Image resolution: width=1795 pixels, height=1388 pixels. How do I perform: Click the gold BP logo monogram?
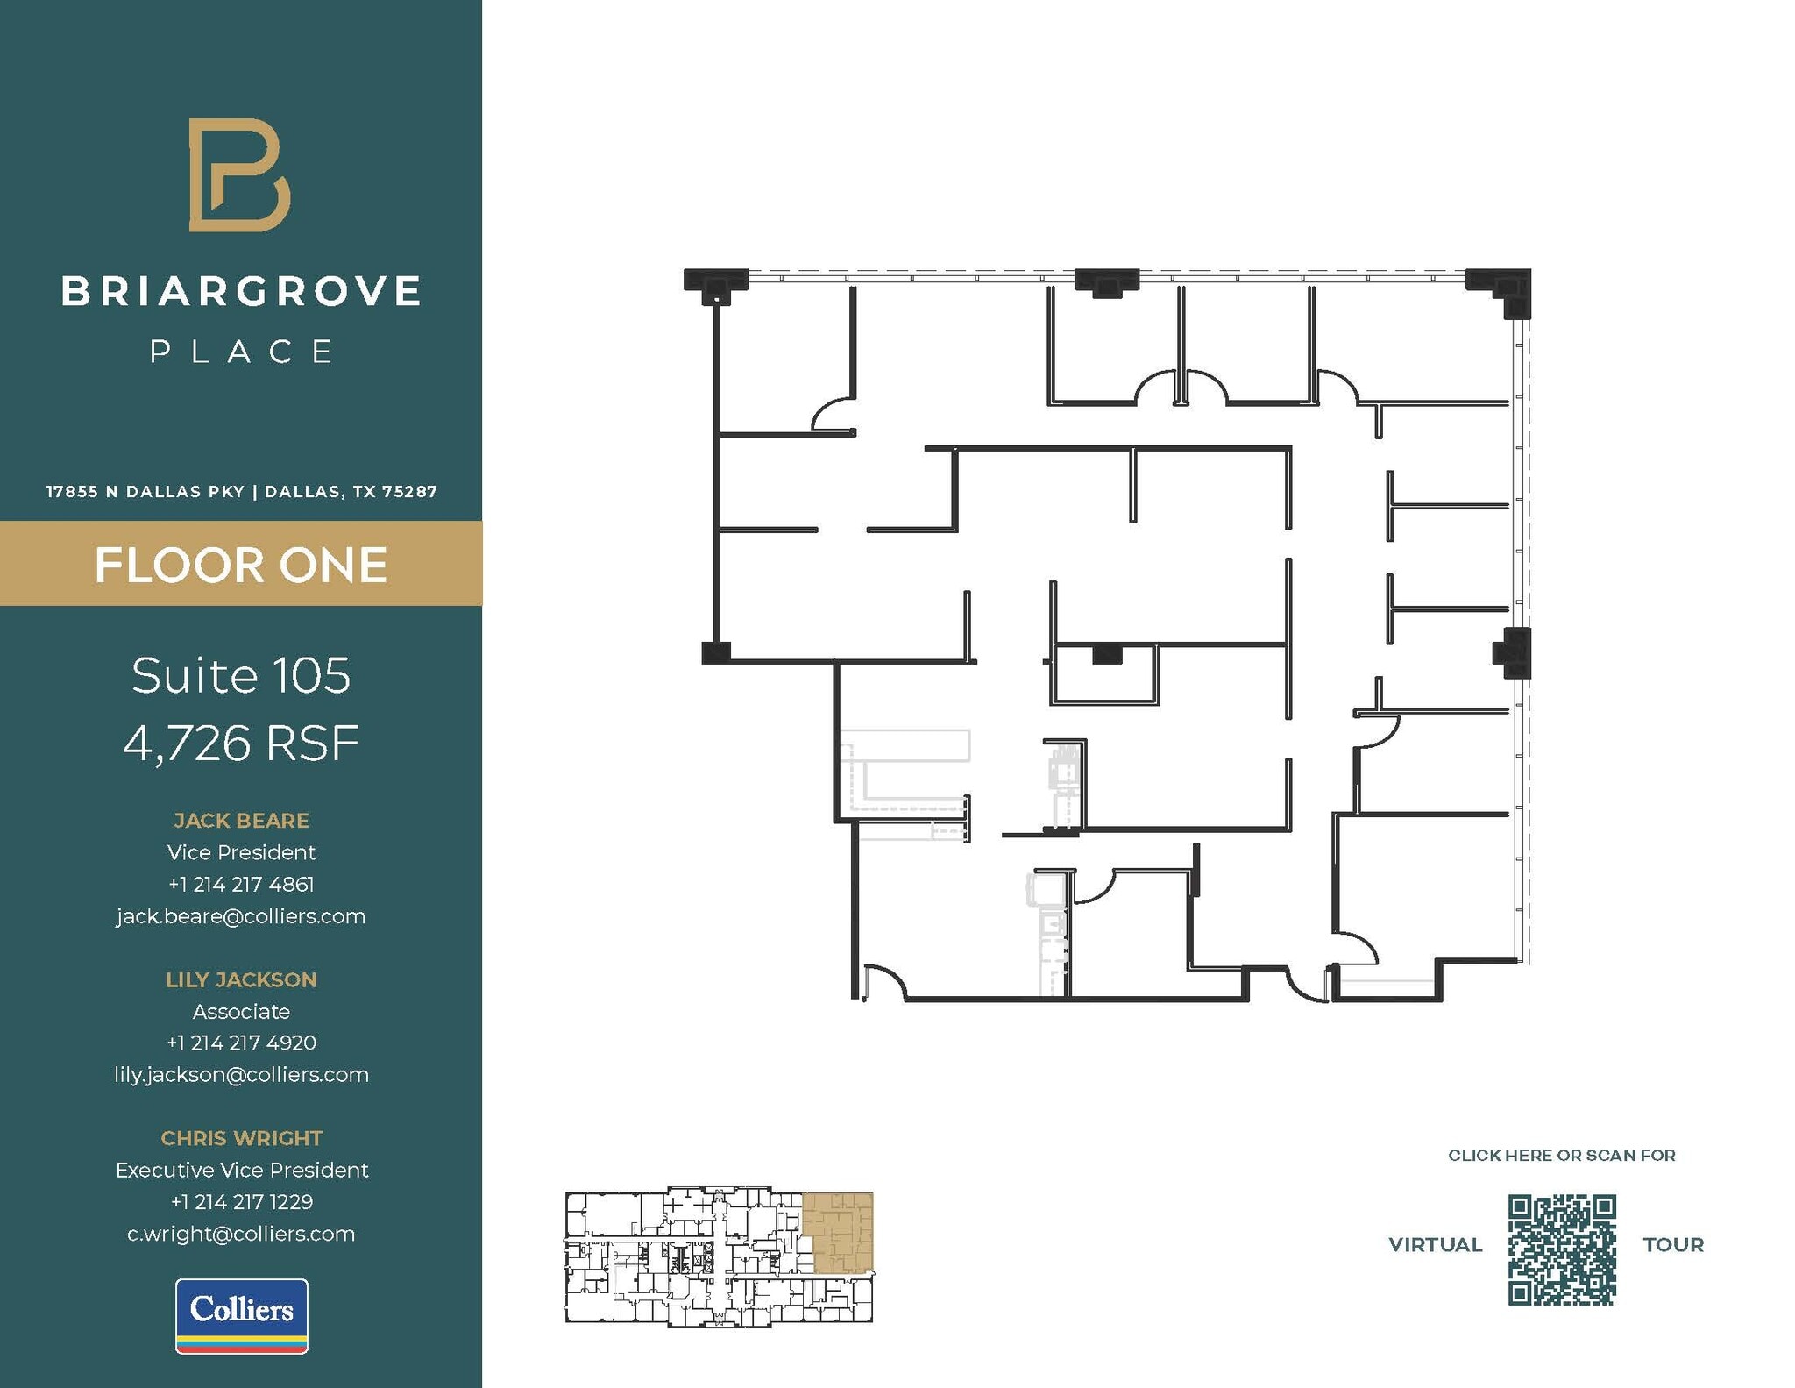point(238,175)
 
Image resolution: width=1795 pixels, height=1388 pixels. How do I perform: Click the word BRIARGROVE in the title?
point(241,292)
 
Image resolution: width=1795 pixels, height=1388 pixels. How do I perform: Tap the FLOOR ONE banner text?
point(241,565)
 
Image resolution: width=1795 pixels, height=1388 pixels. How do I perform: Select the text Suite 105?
point(241,676)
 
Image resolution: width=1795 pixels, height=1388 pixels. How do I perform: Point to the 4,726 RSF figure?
point(241,744)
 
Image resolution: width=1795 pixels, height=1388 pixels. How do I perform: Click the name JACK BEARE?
point(241,821)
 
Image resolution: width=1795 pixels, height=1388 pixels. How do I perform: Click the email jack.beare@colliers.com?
point(241,916)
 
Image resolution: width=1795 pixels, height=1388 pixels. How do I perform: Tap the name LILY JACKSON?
point(241,979)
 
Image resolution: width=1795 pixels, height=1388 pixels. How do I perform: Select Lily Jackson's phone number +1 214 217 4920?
point(241,1043)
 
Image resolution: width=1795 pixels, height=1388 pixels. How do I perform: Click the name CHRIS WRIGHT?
point(241,1138)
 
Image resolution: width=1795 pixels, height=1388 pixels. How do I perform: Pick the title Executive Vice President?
point(241,1170)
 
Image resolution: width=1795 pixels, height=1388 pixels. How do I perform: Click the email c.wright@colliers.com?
point(241,1234)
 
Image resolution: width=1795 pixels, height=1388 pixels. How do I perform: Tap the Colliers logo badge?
point(241,1315)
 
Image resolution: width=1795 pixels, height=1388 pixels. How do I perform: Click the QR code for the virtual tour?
point(1561,1249)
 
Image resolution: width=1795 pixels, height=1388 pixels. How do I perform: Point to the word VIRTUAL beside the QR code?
point(1435,1245)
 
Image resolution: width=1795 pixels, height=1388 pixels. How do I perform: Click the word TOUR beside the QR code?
point(1672,1245)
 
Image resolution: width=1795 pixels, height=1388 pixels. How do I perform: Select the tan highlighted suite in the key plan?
point(840,1232)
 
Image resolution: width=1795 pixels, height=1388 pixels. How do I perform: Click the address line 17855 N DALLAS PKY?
point(145,492)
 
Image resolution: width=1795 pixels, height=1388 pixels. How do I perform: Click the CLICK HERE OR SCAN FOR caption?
point(1561,1156)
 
